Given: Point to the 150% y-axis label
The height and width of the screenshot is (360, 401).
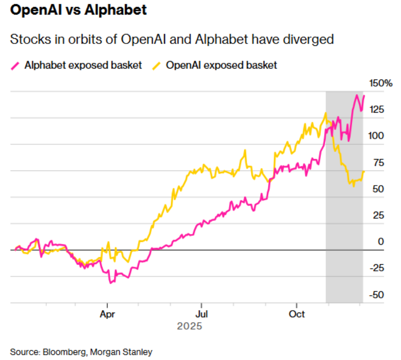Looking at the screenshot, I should (381, 84).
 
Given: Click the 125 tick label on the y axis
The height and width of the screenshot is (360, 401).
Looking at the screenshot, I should (377, 110).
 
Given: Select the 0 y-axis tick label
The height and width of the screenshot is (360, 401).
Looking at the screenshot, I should (382, 242).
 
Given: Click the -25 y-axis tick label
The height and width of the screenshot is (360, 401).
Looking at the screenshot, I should (378, 269).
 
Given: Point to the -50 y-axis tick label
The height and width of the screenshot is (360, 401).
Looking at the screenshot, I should (378, 295).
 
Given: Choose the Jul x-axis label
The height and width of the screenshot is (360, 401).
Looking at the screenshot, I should (202, 315).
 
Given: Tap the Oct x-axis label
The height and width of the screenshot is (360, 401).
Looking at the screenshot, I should (297, 315).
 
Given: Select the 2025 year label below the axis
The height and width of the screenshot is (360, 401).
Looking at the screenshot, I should (189, 327).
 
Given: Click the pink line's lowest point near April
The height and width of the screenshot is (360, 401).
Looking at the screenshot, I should (111, 283).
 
